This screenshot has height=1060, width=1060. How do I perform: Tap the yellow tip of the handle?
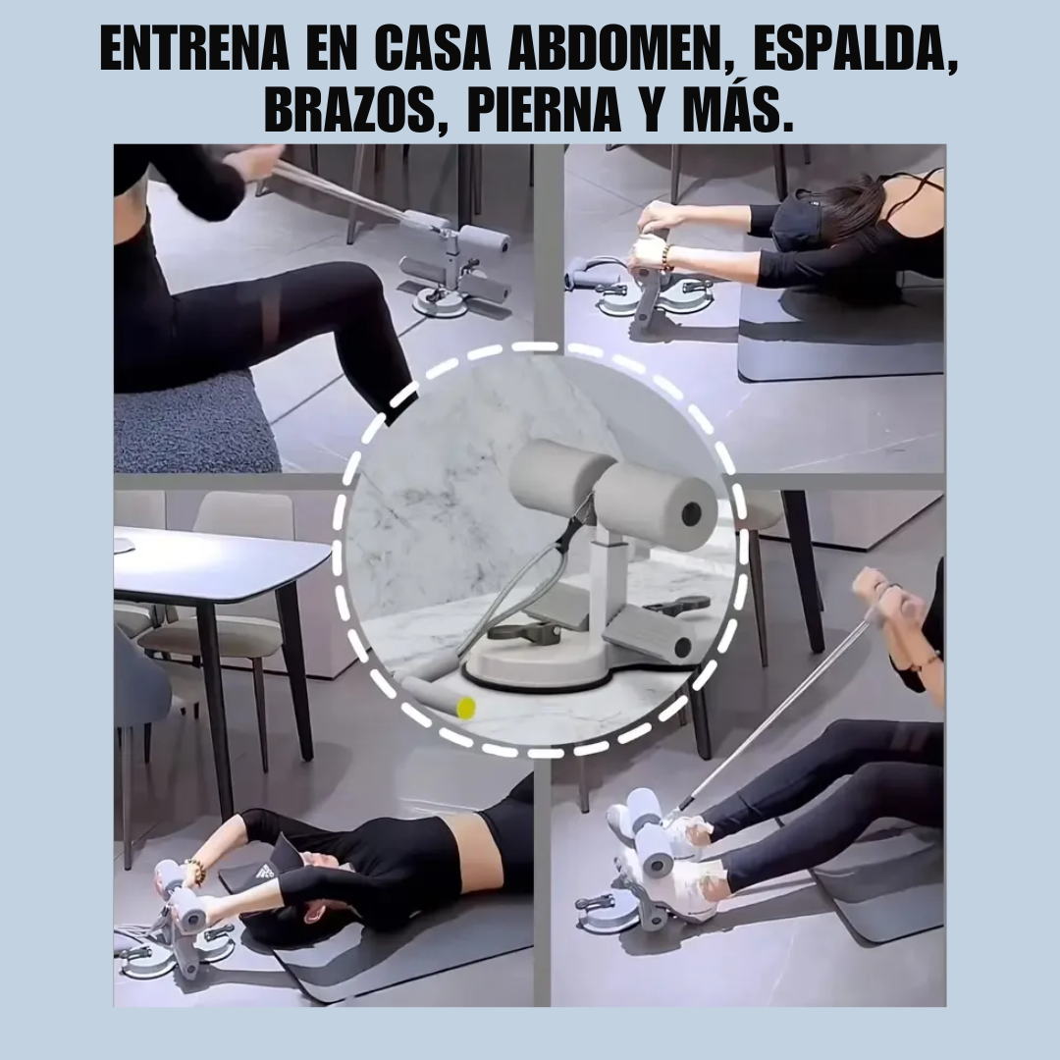tap(466, 707)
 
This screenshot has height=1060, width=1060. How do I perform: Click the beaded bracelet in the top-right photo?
tap(665, 257)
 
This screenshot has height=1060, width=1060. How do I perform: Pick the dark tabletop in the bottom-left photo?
tap(216, 564)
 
